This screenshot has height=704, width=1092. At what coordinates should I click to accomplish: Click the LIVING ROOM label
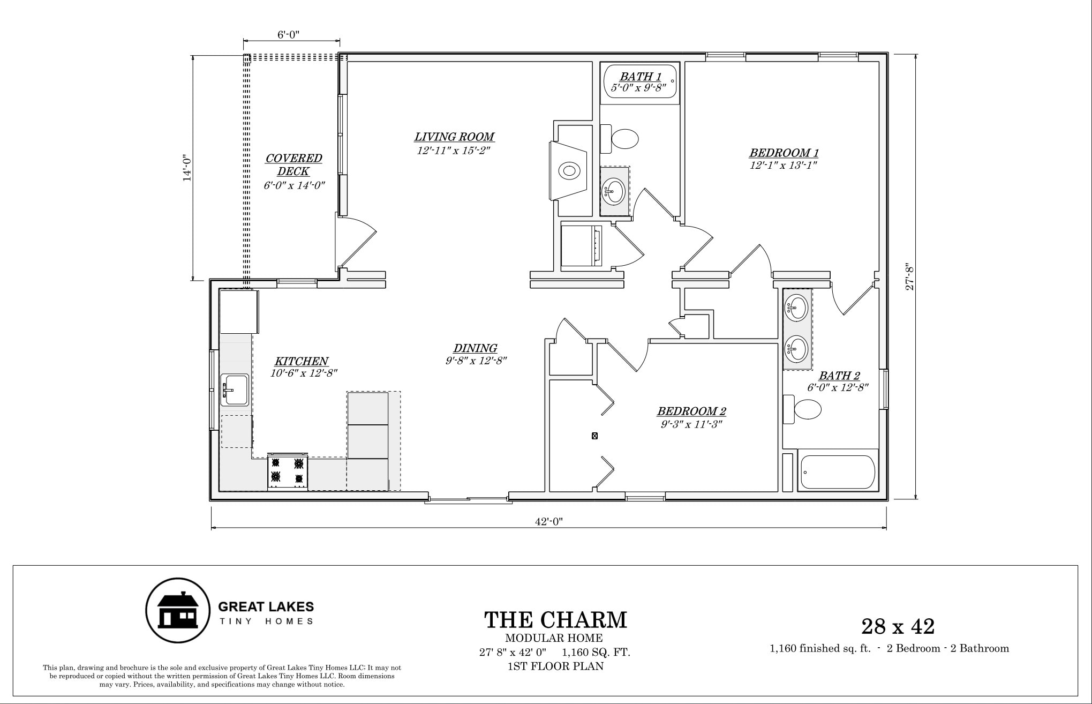tap(454, 137)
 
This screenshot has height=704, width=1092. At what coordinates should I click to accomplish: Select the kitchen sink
tap(235, 390)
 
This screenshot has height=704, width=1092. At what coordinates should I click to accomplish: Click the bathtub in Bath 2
tap(838, 471)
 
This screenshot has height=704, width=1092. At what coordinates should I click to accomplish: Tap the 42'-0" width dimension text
tap(549, 522)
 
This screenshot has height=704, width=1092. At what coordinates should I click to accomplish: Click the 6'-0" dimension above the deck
tap(288, 35)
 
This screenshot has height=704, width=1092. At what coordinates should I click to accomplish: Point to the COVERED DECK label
tap(293, 164)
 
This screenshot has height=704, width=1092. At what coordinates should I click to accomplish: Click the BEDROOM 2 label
tap(691, 411)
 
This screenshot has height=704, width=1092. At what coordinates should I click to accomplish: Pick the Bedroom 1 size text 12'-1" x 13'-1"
tap(784, 166)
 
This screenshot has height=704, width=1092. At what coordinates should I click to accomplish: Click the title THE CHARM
tap(555, 620)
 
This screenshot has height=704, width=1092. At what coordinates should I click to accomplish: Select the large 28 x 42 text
tap(898, 626)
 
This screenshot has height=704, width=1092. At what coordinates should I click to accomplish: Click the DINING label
tap(476, 348)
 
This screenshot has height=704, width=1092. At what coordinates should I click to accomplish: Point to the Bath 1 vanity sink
tap(614, 191)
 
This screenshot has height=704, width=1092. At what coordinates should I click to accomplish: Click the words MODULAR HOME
tap(554, 638)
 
